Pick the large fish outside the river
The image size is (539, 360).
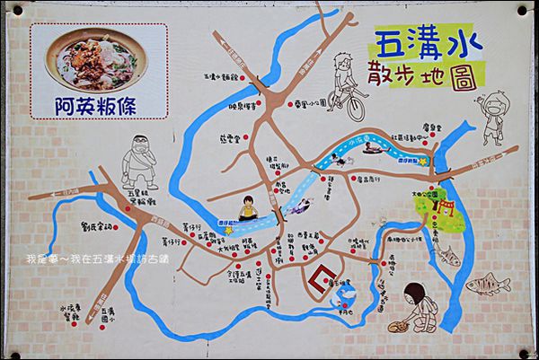(x=488, y=286)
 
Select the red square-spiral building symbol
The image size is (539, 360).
(x=321, y=282)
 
